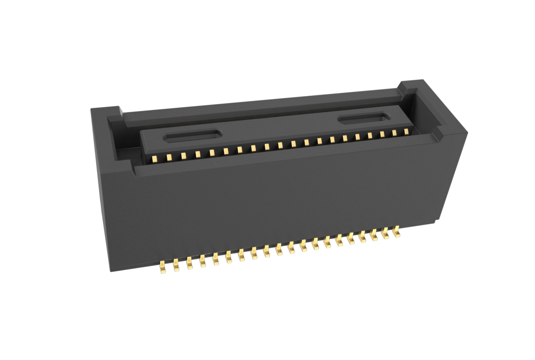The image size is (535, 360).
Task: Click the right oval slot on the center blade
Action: click(363, 119)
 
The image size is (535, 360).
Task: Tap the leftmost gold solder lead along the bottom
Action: click(163, 267)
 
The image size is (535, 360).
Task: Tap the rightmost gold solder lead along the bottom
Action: click(397, 232)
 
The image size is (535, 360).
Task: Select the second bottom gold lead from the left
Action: click(176, 265)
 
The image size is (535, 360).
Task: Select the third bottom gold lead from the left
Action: click(189, 262)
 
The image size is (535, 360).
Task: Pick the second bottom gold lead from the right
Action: click(385, 233)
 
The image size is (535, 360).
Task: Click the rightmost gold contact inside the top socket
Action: click(406, 132)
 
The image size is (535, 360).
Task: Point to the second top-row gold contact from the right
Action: click(394, 133)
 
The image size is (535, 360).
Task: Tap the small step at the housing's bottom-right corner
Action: click(437, 220)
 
